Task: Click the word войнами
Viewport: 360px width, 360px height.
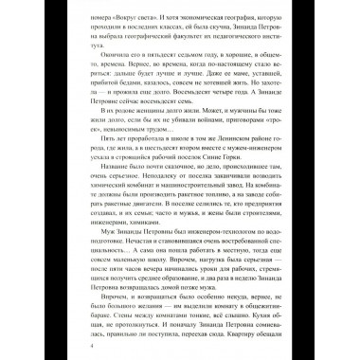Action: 188,120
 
